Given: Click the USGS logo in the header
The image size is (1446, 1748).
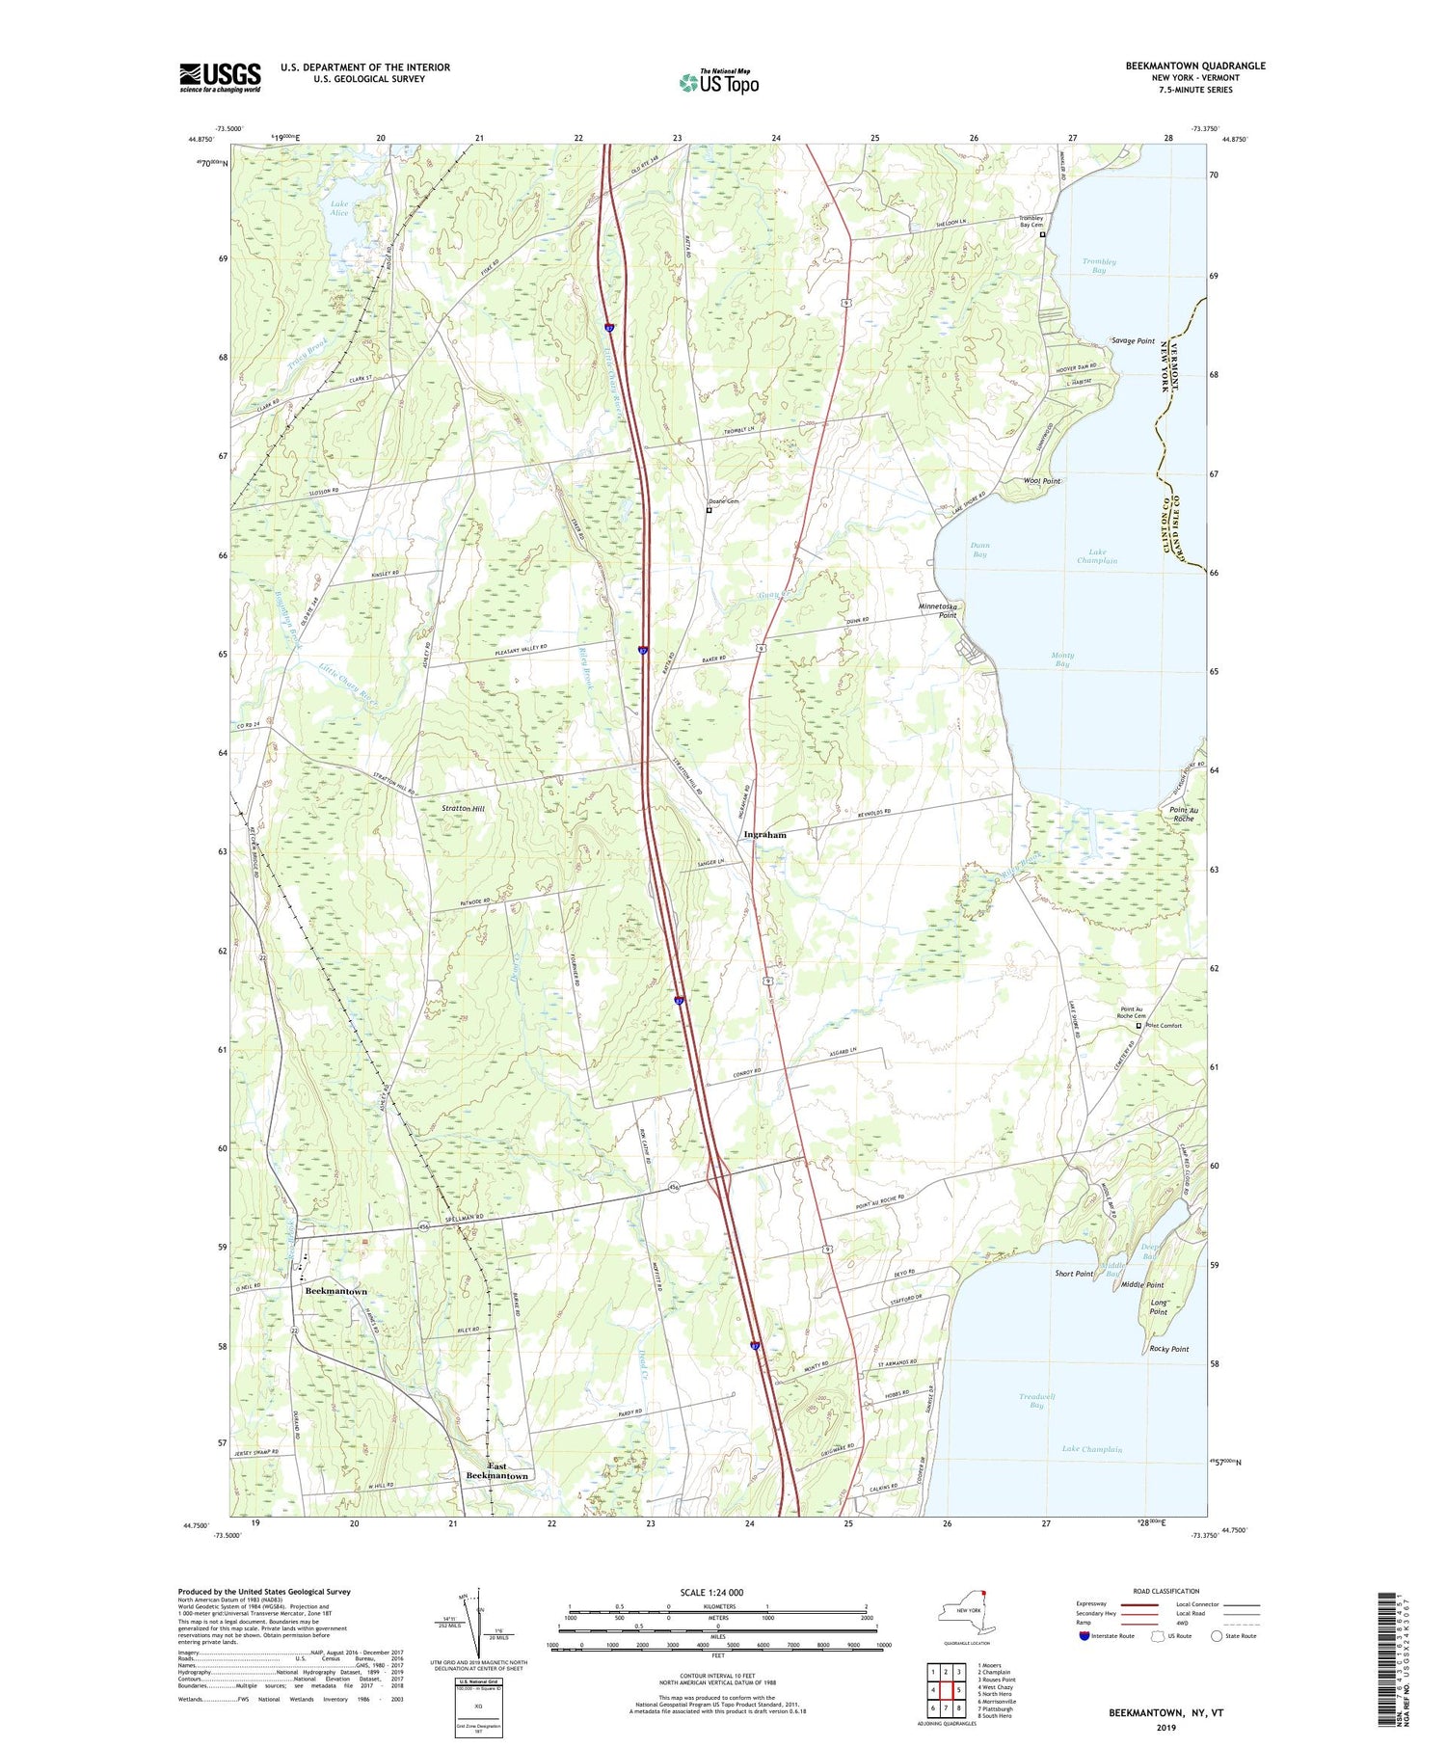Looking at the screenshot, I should click(220, 77).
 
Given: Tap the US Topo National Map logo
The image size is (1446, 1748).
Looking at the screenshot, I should click(718, 82).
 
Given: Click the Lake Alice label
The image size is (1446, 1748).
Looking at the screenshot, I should click(339, 207).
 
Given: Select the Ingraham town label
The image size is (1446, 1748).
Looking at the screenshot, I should click(764, 835).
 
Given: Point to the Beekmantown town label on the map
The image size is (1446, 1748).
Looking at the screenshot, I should click(335, 1290).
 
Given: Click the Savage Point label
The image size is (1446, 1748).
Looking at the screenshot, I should click(1133, 341).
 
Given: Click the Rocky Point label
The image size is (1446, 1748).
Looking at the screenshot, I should click(1168, 1349).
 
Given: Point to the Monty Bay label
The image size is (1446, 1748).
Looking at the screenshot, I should click(1061, 659).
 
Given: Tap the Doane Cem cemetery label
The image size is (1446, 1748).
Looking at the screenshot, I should click(726, 501).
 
